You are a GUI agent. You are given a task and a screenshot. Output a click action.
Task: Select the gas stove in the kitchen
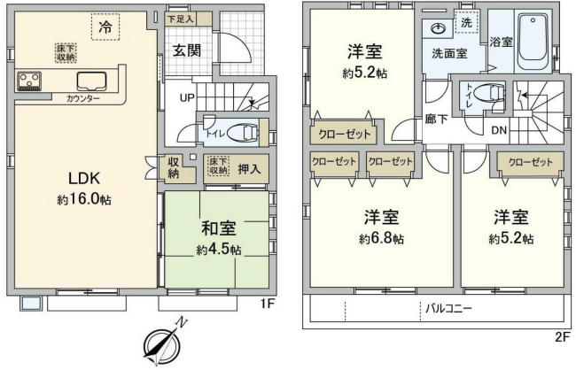click(x=27, y=81)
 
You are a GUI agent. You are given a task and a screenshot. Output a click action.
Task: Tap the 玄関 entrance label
click(x=186, y=50)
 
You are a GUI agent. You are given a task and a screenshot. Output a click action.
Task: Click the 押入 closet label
click(x=249, y=168)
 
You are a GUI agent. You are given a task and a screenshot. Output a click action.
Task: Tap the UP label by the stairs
click(x=189, y=96)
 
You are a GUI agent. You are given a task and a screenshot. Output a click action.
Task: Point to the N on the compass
click(x=181, y=323)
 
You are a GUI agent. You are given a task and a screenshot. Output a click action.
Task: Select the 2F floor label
click(x=561, y=336)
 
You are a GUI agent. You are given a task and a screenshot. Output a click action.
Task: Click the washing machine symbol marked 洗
click(x=466, y=20)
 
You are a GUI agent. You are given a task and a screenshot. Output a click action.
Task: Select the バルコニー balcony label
click(x=448, y=310)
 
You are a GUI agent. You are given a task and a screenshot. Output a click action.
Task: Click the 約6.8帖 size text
click(x=382, y=239)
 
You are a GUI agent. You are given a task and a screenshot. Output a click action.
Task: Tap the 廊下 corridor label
click(x=436, y=119)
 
